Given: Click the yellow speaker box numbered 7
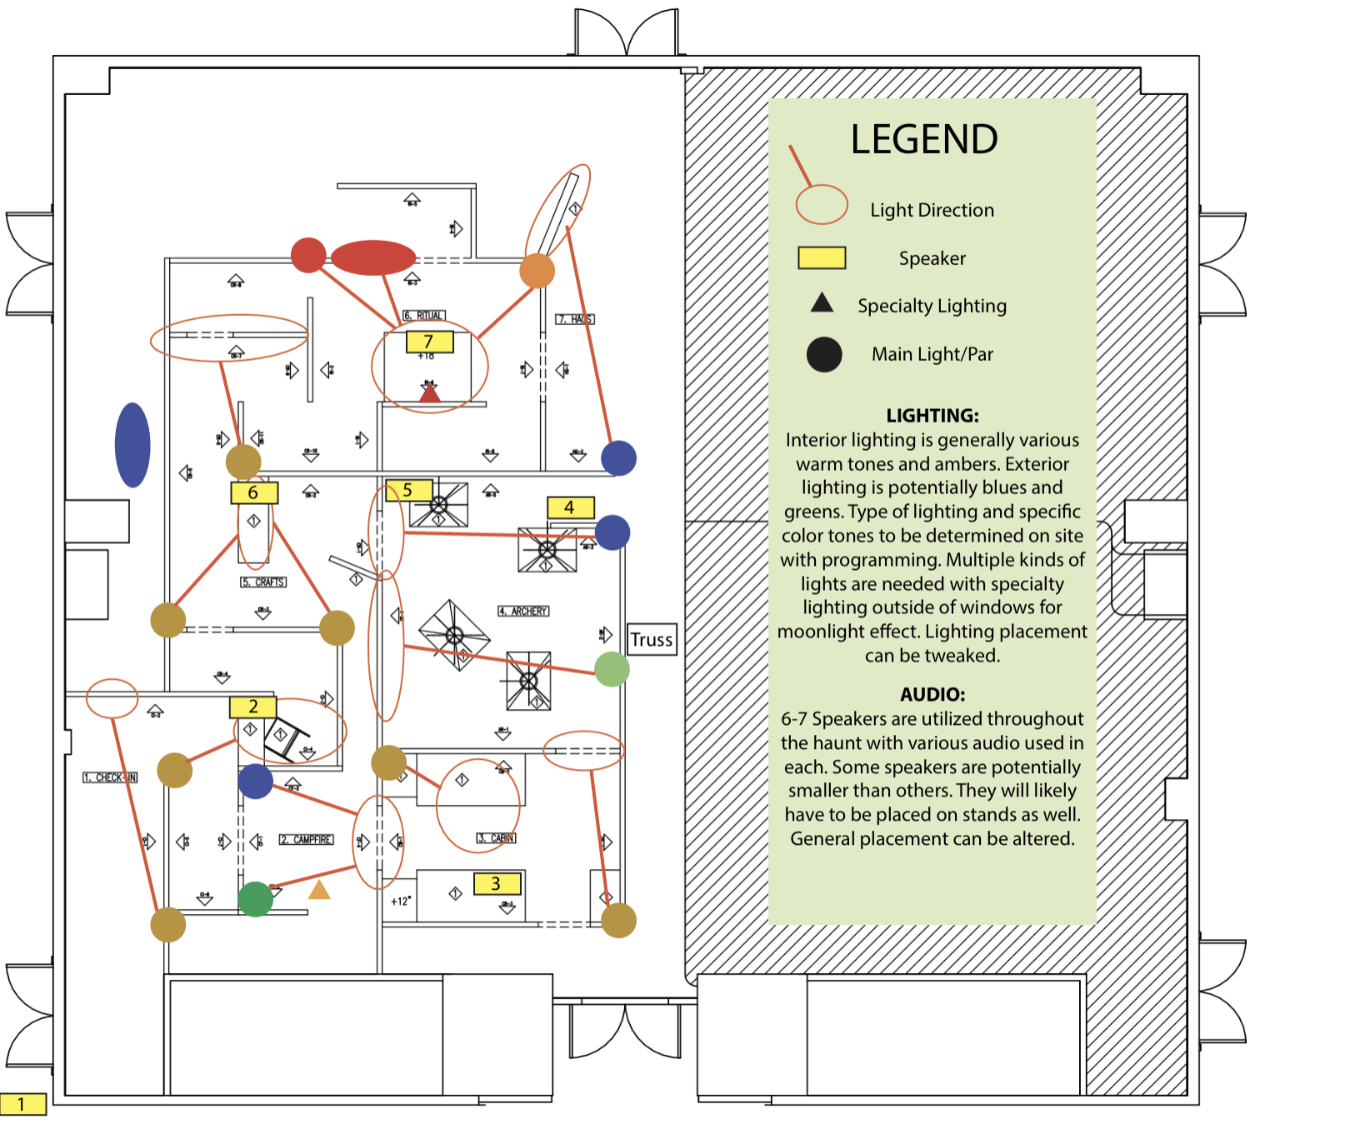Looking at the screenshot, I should [429, 342].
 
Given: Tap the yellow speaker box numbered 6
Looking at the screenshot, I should [253, 492].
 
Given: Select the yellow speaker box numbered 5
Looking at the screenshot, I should [408, 490].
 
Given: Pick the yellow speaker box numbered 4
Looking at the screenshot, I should [570, 507].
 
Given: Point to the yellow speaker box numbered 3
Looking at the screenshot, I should [497, 883].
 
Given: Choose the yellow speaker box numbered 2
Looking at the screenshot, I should [252, 707].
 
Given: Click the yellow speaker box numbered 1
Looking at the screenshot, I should [22, 1104].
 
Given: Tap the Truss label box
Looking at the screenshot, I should [652, 640].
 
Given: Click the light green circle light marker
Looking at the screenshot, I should [612, 669].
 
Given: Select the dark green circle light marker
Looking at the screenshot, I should [255, 899].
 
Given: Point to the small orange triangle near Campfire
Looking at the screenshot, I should [319, 891].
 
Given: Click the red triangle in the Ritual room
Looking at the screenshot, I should [429, 392].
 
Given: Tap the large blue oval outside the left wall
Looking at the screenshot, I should [132, 445].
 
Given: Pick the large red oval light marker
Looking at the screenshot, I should [372, 257].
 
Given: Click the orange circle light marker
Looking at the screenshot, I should [537, 271].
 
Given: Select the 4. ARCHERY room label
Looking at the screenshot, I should [523, 612].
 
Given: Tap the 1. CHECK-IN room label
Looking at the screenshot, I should [110, 777].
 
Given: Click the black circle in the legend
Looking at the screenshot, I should [823, 354].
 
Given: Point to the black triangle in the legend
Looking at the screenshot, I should [822, 303].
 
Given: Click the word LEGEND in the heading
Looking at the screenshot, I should [923, 139].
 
